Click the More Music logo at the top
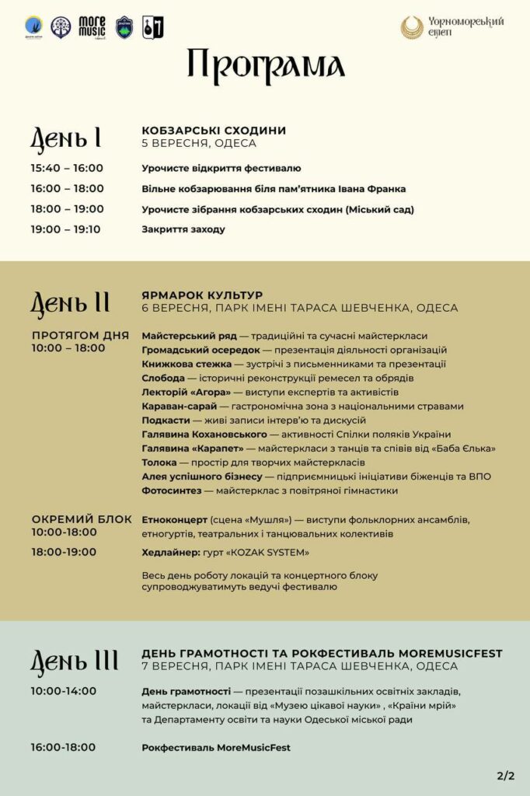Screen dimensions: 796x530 point(92,28)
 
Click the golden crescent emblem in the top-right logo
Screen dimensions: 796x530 point(412,28)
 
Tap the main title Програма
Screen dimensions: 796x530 point(265,67)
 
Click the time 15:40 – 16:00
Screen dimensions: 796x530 point(67,168)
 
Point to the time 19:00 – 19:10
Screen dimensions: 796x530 point(65,229)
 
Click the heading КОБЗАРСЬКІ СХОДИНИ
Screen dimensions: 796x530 point(214,131)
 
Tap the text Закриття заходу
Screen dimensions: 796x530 point(183,229)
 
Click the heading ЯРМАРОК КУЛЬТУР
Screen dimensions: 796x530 point(202,295)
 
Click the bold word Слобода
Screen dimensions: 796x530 point(162,378)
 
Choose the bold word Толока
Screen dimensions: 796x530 point(159,463)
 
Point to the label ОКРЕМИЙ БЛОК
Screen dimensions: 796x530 point(82,519)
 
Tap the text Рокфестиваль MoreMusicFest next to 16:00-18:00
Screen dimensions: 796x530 point(216,748)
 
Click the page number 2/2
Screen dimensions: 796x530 point(505,775)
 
